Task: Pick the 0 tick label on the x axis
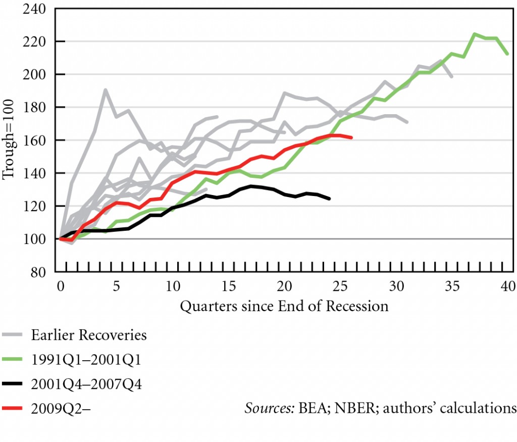pos(61,286)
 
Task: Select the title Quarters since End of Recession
pos(284,306)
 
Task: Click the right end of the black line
pos(329,199)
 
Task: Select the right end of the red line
pos(351,137)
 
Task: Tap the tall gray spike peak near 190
pos(105,90)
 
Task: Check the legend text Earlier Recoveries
pos(89,335)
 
